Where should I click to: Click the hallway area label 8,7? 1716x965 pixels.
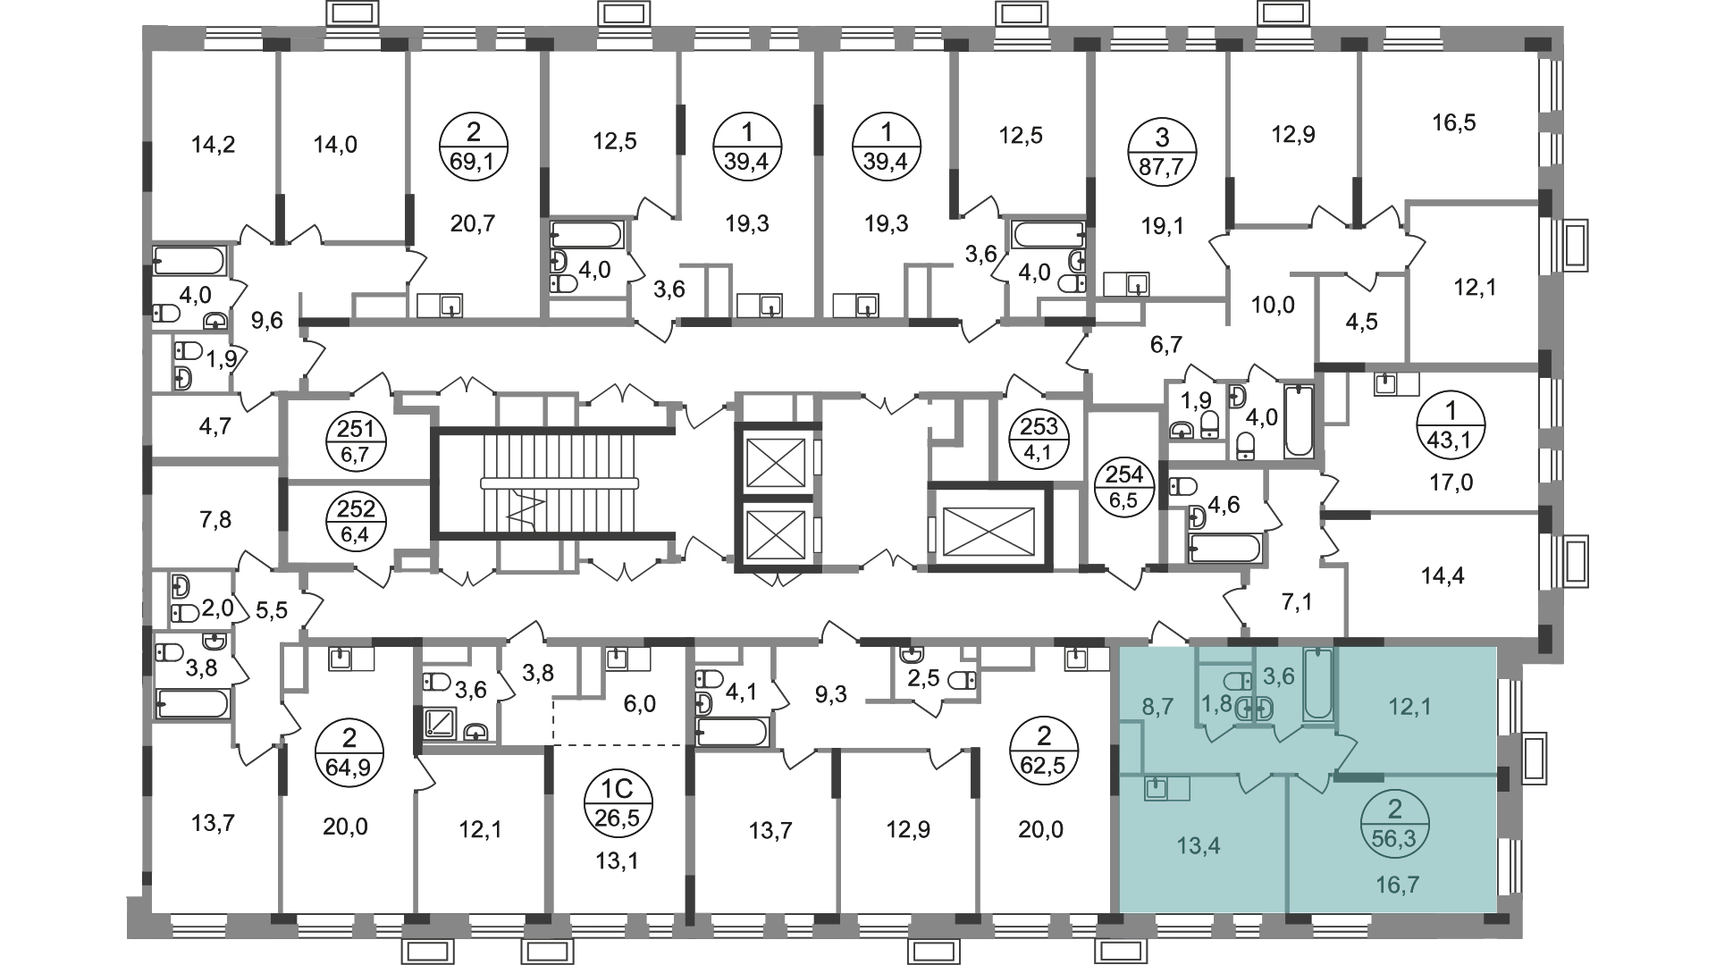point(1157,707)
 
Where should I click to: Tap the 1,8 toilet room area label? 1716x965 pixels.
point(1215,703)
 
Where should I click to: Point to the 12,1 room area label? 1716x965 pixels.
point(1409,707)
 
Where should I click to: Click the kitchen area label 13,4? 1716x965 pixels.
point(1199,844)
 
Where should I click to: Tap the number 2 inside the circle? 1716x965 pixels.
point(1394,810)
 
